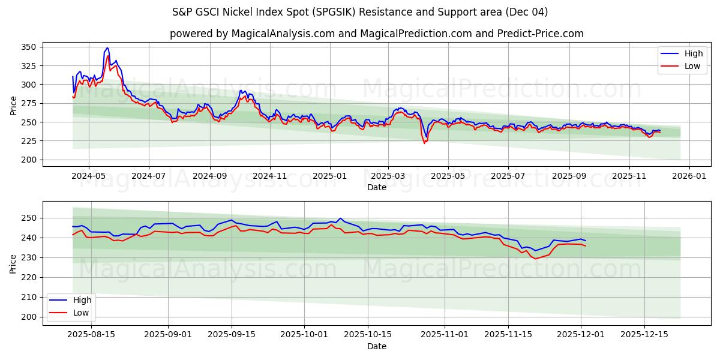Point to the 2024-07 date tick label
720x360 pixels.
click(148, 176)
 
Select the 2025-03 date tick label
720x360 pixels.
click(388, 176)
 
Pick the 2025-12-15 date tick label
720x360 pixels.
click(644, 335)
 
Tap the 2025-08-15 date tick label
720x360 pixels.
click(91, 335)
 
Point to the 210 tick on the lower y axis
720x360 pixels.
click(29, 297)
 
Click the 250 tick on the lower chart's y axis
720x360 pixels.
click(29, 218)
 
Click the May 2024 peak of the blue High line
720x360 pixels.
click(107, 47)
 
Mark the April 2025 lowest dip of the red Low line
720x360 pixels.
click(424, 143)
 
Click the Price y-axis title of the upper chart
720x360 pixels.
click(13, 106)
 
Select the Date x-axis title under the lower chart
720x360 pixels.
click(376, 346)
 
